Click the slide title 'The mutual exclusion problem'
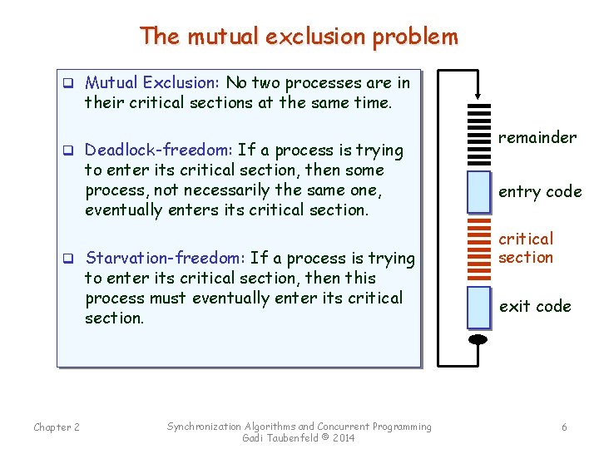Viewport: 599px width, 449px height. (299, 36)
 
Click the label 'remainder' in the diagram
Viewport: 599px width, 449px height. (537, 137)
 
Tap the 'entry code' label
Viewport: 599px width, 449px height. (540, 192)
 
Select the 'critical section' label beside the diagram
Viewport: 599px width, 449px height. (526, 249)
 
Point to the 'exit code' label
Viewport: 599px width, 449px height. (535, 306)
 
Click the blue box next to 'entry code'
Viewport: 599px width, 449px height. (478, 192)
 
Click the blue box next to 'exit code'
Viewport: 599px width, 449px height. (478, 307)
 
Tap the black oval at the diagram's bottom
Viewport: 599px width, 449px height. (478, 339)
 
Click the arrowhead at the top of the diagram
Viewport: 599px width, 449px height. (478, 95)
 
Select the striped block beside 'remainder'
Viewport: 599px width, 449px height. (478, 134)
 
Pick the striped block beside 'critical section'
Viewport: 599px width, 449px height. (478, 249)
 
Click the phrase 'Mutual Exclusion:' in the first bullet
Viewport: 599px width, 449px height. (152, 82)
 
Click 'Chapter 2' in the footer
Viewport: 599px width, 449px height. (57, 427)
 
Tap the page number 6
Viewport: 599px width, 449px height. (564, 427)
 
